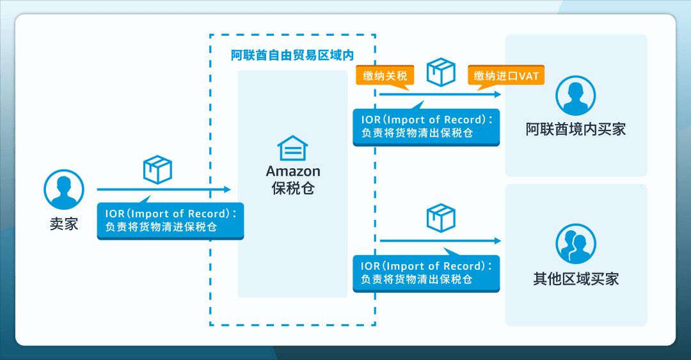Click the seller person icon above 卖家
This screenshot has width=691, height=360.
(64, 190)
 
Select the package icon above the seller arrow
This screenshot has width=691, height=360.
(157, 169)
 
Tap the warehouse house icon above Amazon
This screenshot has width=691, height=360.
(292, 148)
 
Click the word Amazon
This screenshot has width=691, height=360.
(293, 171)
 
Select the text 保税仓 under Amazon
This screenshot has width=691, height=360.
(293, 189)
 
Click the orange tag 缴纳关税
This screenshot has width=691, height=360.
(385, 76)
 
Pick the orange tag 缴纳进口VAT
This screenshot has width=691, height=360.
(505, 76)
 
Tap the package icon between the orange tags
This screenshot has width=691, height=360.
(441, 73)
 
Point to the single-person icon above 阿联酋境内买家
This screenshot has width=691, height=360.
(576, 96)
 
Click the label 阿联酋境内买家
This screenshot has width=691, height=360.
(576, 130)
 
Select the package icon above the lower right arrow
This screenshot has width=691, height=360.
(441, 217)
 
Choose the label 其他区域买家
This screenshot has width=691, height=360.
(576, 279)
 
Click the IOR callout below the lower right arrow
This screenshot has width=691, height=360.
(426, 273)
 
